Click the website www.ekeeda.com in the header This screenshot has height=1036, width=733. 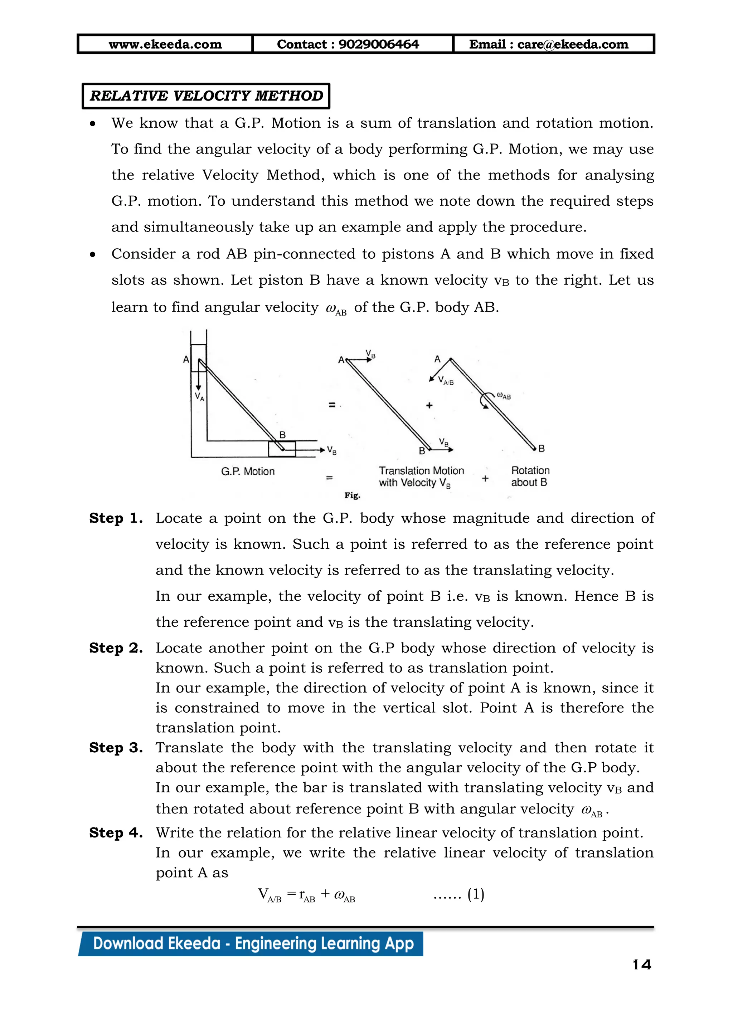[x=165, y=44]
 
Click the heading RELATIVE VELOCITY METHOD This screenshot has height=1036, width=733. [x=206, y=96]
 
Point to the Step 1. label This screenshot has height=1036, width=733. [x=116, y=518]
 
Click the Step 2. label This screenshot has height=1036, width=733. [x=116, y=648]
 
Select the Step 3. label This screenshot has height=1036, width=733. [x=116, y=748]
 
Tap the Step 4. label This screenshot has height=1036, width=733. [x=116, y=832]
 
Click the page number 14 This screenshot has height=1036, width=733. [x=642, y=965]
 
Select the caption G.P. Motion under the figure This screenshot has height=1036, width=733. [x=248, y=471]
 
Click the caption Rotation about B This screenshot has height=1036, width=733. [x=530, y=476]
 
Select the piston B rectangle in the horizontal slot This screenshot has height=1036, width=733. [x=282, y=449]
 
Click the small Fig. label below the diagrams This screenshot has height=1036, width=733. [x=352, y=495]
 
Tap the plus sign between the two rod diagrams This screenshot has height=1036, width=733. [x=429, y=405]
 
